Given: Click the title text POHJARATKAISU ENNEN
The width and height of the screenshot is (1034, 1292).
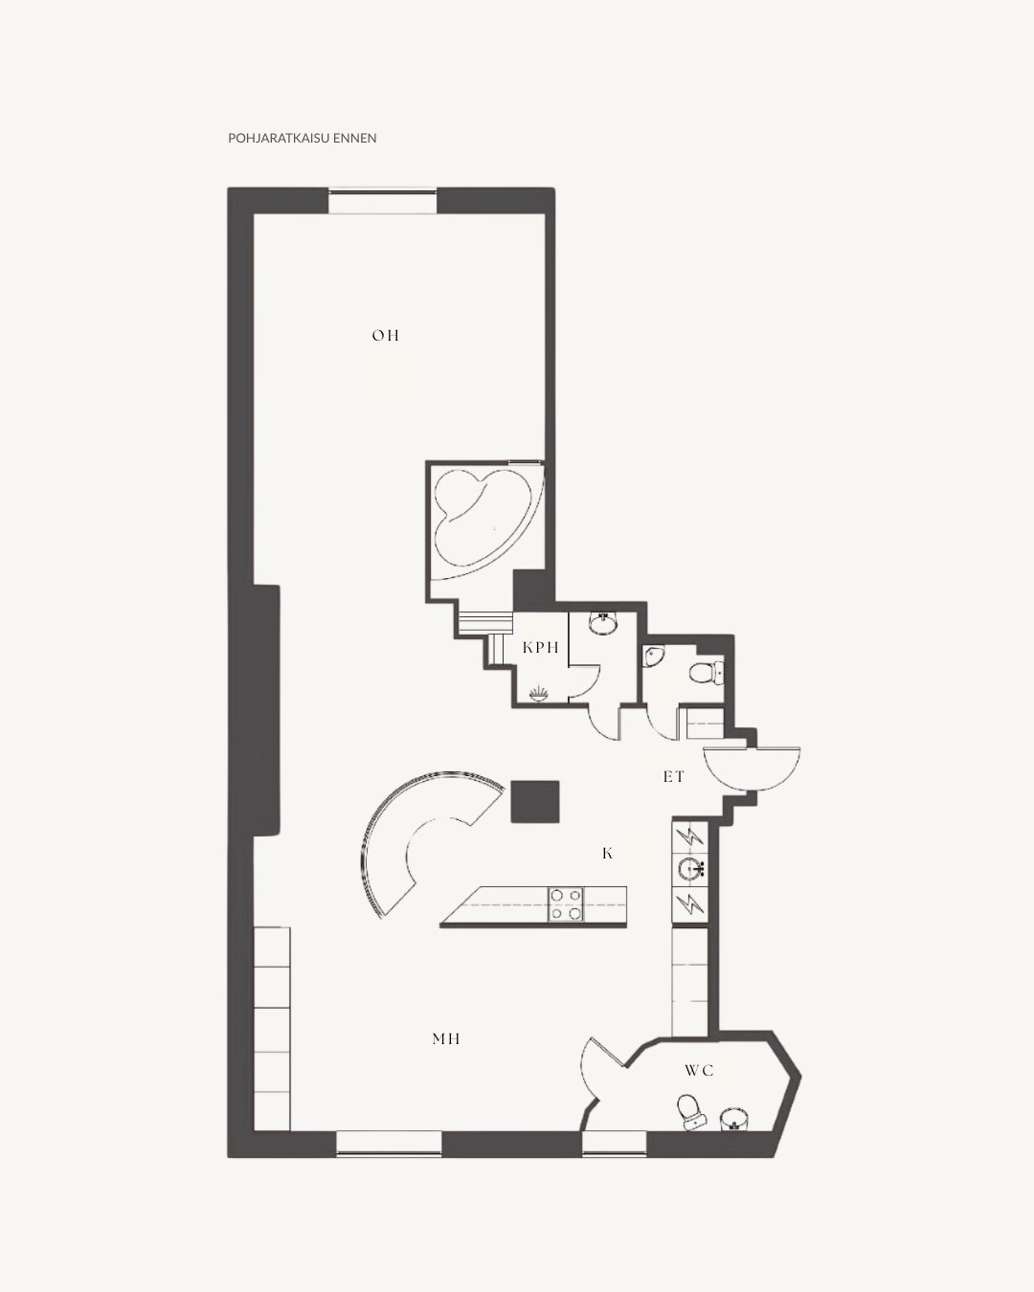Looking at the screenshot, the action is [303, 138].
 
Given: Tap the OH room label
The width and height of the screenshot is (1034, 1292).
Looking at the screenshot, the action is [386, 336].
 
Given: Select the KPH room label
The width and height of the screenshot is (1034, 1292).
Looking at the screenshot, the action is [541, 648].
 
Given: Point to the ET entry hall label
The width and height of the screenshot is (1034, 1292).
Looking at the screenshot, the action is [673, 777].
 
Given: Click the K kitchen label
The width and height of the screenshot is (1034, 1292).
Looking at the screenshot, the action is [607, 853].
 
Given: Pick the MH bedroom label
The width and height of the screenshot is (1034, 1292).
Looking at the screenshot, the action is [446, 1039].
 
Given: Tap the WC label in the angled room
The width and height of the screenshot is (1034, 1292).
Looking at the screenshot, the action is [699, 1071].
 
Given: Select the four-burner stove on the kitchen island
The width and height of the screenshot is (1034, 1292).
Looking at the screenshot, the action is [566, 904].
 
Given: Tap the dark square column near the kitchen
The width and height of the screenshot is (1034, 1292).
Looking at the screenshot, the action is [535, 801].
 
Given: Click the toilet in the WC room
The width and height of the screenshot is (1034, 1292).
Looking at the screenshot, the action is [691, 1112].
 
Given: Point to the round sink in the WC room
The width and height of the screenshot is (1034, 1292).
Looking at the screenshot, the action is [733, 1119].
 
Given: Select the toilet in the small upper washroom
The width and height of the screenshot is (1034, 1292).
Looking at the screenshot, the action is [707, 673].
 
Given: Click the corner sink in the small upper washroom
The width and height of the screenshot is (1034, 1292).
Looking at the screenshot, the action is [653, 657].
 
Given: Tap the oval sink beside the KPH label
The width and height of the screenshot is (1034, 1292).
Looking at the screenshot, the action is [603, 624].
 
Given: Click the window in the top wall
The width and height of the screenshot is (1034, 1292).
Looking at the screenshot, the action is [383, 201].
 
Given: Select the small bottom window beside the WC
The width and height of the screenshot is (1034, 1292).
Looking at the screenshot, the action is [614, 1143].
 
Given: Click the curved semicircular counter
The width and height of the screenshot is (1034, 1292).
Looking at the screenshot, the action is [401, 830].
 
